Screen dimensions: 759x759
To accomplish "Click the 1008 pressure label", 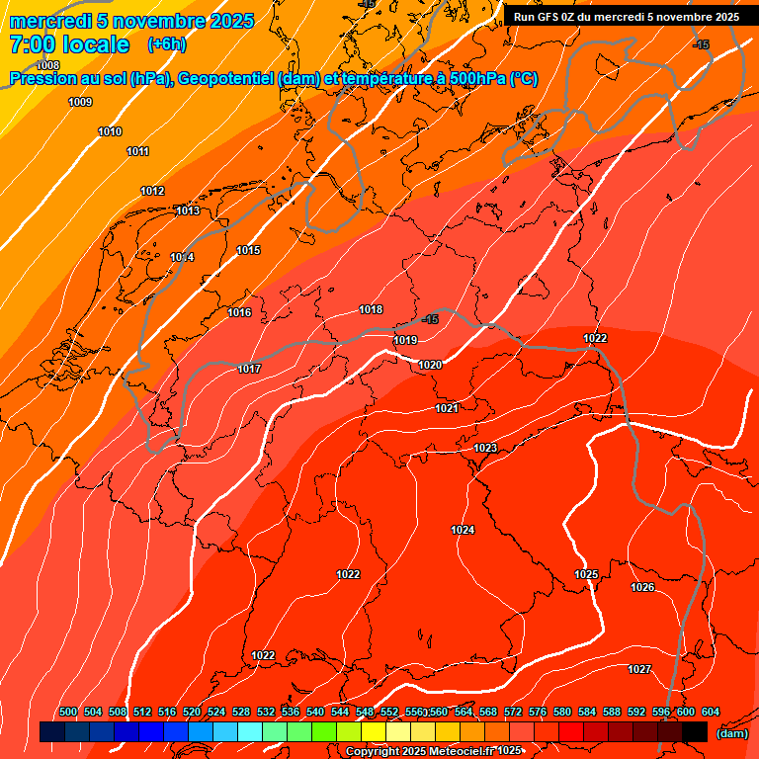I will click(47, 93).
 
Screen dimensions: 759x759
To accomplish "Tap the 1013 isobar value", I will click(187, 211).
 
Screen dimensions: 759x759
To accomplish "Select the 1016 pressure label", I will click(239, 312).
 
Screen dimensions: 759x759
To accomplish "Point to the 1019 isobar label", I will click(404, 340).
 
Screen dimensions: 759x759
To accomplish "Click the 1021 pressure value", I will click(447, 408).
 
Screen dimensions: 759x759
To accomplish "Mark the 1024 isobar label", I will click(463, 530).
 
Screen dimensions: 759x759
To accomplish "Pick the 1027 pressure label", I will click(639, 669).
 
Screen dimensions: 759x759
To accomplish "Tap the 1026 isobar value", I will click(642, 587).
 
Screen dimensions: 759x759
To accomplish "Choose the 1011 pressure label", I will click(137, 151).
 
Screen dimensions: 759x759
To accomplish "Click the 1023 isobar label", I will click(485, 448).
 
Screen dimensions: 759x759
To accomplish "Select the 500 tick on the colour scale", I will click(68, 712).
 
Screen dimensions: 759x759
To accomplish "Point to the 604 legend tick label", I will click(711, 712).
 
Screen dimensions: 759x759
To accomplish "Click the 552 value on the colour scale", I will click(389, 712).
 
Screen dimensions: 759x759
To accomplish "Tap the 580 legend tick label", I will click(562, 712).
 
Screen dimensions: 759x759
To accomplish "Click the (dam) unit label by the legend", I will click(731, 733).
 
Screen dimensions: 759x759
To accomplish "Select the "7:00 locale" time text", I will click(69, 44).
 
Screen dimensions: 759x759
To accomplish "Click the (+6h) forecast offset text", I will click(166, 44).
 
